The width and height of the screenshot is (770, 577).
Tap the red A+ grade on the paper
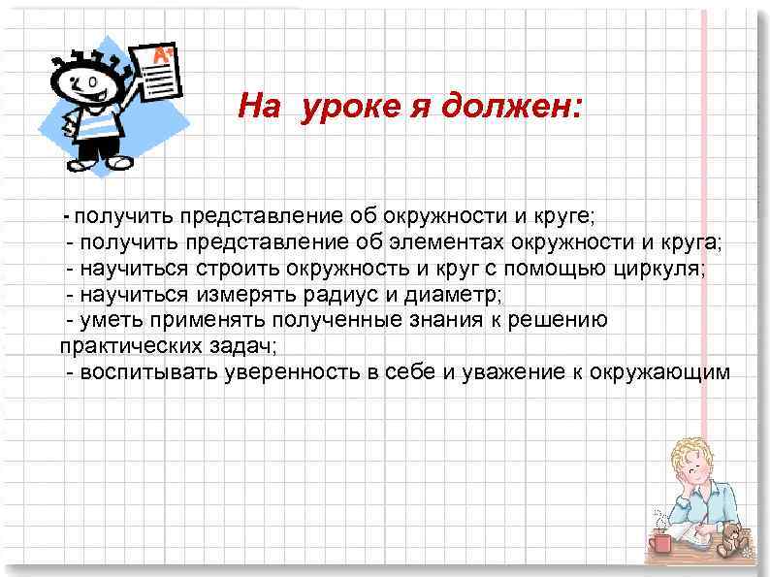(x=164, y=54)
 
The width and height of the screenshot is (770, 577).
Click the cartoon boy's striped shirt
(x=94, y=126)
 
